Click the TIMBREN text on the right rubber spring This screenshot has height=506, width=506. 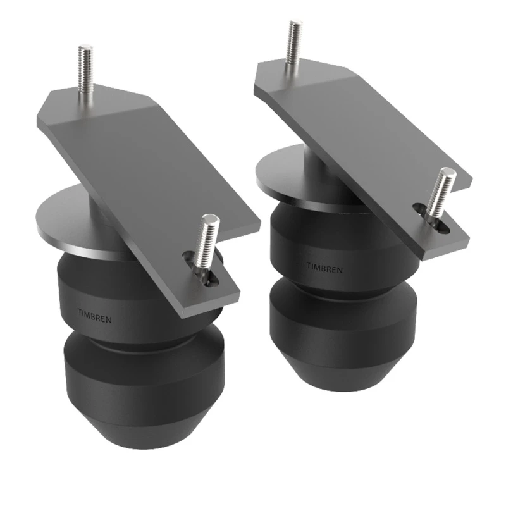325,269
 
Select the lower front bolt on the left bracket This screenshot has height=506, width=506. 208,244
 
